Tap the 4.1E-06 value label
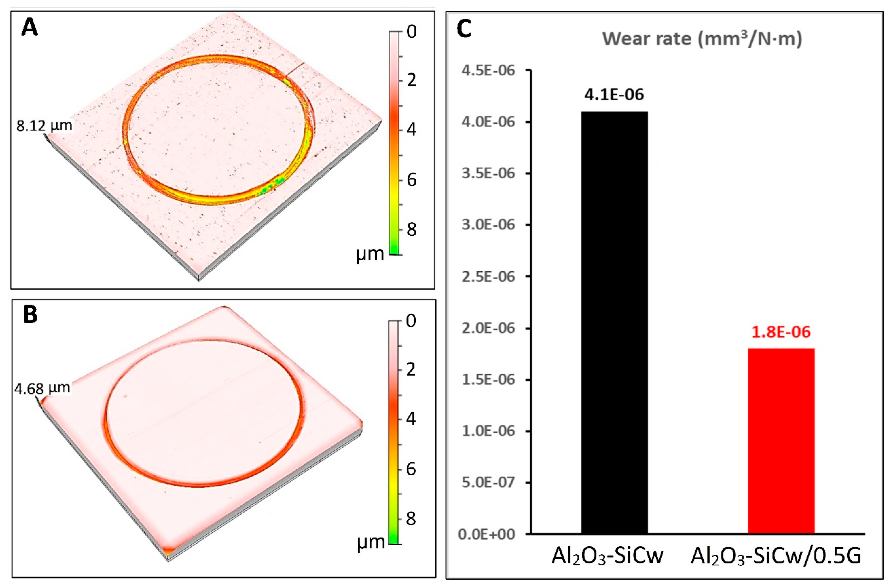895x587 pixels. [x=614, y=95]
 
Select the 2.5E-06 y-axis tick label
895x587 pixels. [x=488, y=277]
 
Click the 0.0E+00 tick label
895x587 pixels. [x=486, y=534]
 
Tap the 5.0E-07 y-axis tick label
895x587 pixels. [x=488, y=482]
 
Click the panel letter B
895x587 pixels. [x=31, y=315]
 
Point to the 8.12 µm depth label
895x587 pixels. [x=44, y=125]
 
